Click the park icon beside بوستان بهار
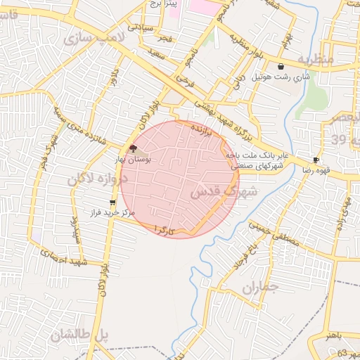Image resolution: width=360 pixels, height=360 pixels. (x=134, y=148)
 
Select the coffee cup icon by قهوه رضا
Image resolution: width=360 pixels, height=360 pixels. (x=316, y=160)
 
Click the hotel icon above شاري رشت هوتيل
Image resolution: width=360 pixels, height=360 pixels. (x=281, y=67)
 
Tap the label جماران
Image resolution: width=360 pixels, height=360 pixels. (x=260, y=286)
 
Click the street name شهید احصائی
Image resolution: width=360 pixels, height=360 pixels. (x=63, y=262)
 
